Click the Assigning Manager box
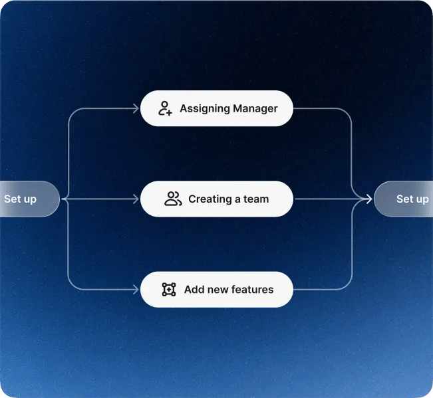216,108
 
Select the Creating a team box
216,199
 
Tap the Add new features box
216,290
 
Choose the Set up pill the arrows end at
404,199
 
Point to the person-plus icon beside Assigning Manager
166,108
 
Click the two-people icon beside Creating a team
173,199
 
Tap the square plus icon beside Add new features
169,290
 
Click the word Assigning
204,108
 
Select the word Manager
255,108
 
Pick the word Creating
210,199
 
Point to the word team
256,199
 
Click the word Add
194,290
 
